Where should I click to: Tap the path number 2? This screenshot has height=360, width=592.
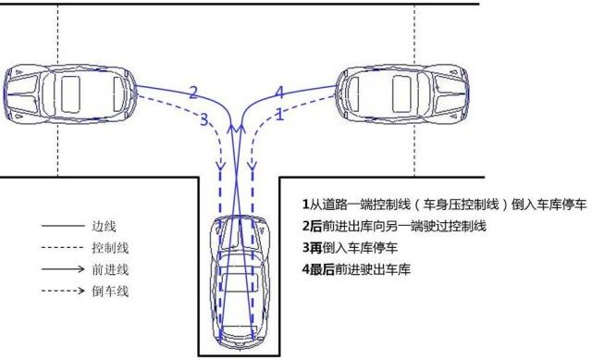[193, 92]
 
